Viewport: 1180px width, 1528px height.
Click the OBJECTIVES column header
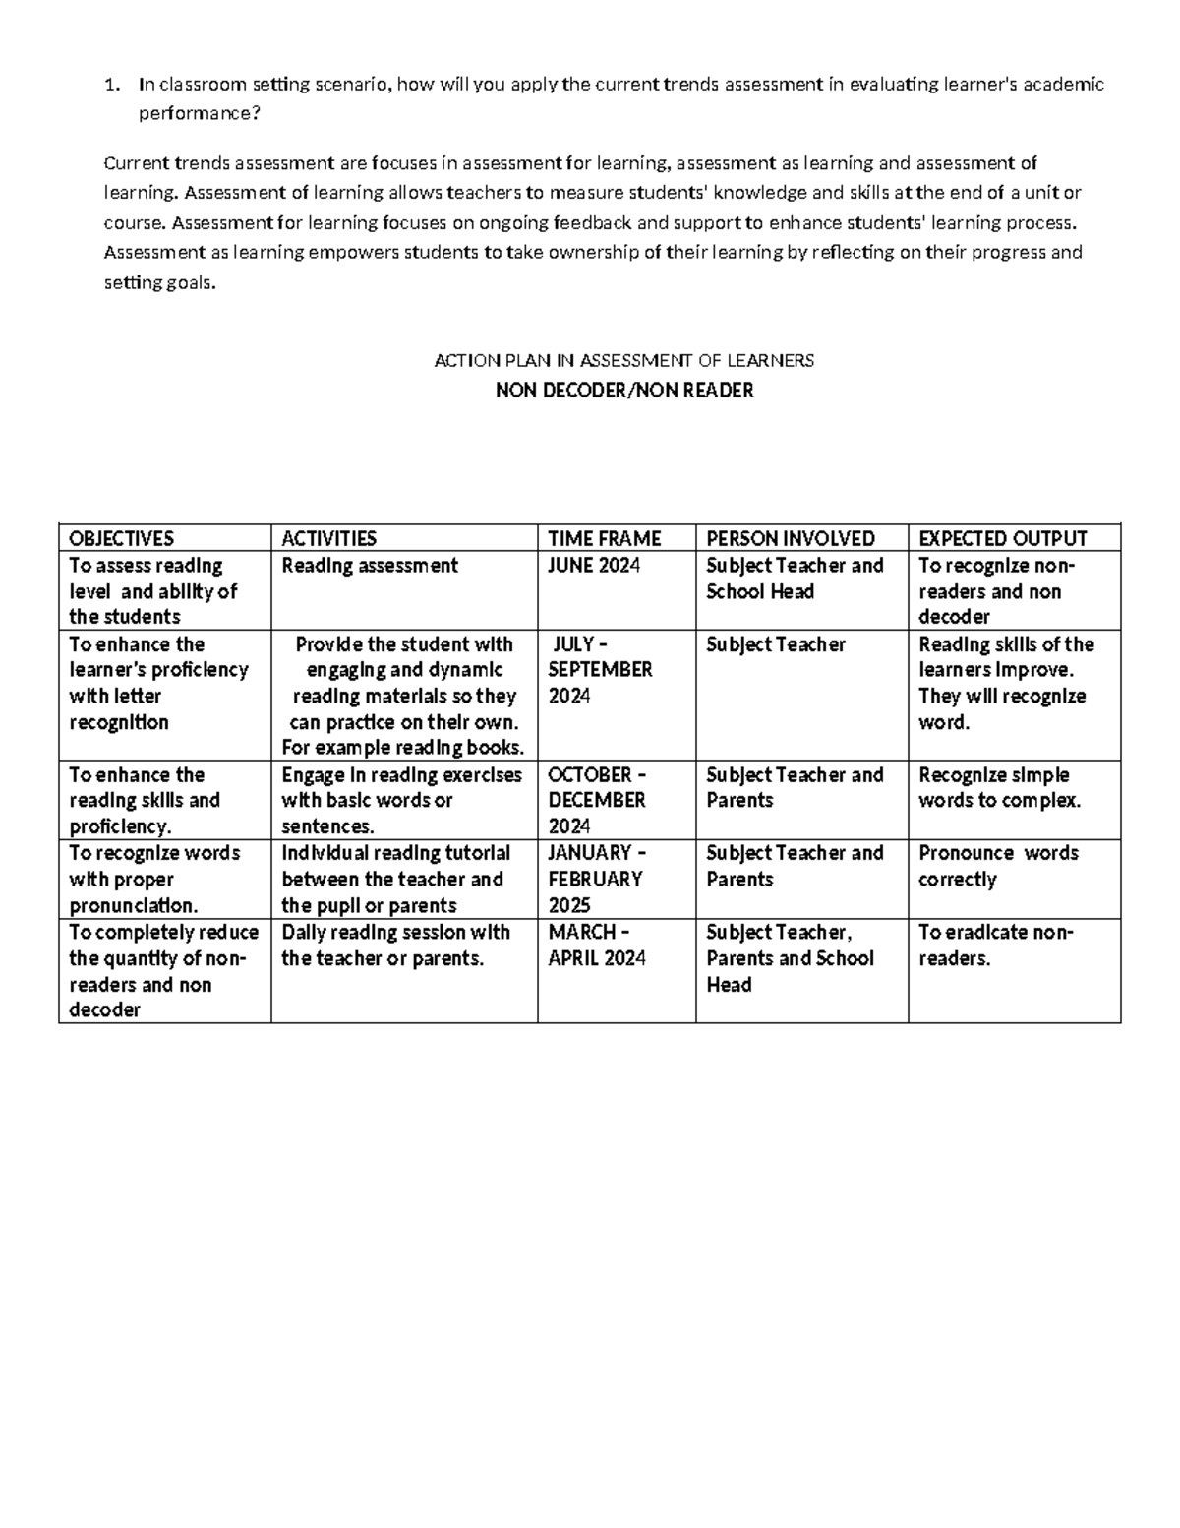pyautogui.click(x=121, y=538)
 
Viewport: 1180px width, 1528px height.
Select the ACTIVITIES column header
pyautogui.click(x=328, y=538)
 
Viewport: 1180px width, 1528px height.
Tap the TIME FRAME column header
pyautogui.click(x=604, y=538)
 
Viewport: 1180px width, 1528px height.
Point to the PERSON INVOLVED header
pyautogui.click(x=790, y=538)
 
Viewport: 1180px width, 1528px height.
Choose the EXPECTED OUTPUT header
pyautogui.click(x=1002, y=538)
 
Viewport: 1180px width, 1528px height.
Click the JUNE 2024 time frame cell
pyautogui.click(x=594, y=566)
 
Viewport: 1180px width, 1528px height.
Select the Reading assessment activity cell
pyautogui.click(x=370, y=566)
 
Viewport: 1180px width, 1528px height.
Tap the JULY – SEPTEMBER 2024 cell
pyautogui.click(x=599, y=670)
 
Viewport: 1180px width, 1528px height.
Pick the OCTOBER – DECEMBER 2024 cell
pyautogui.click(x=596, y=800)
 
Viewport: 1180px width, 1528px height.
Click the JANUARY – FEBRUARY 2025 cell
pyautogui.click(x=595, y=879)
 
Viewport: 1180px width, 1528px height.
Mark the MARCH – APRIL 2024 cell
pyautogui.click(x=596, y=945)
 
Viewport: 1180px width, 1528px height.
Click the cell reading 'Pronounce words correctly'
pyautogui.click(x=997, y=866)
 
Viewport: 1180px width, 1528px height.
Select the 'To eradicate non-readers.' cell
pyautogui.click(x=995, y=945)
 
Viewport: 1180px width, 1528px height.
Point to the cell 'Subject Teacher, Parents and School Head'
pyautogui.click(x=789, y=957)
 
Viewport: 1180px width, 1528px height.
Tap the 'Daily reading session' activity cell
pyautogui.click(x=395, y=945)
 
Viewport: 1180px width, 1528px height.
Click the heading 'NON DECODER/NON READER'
pyautogui.click(x=624, y=391)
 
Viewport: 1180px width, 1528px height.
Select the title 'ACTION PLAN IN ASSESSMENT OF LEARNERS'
pyautogui.click(x=624, y=361)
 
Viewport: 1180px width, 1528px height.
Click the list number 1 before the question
pyautogui.click(x=110, y=85)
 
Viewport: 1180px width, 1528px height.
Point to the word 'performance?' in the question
pyautogui.click(x=200, y=114)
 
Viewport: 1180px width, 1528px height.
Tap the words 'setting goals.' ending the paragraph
pyautogui.click(x=158, y=283)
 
